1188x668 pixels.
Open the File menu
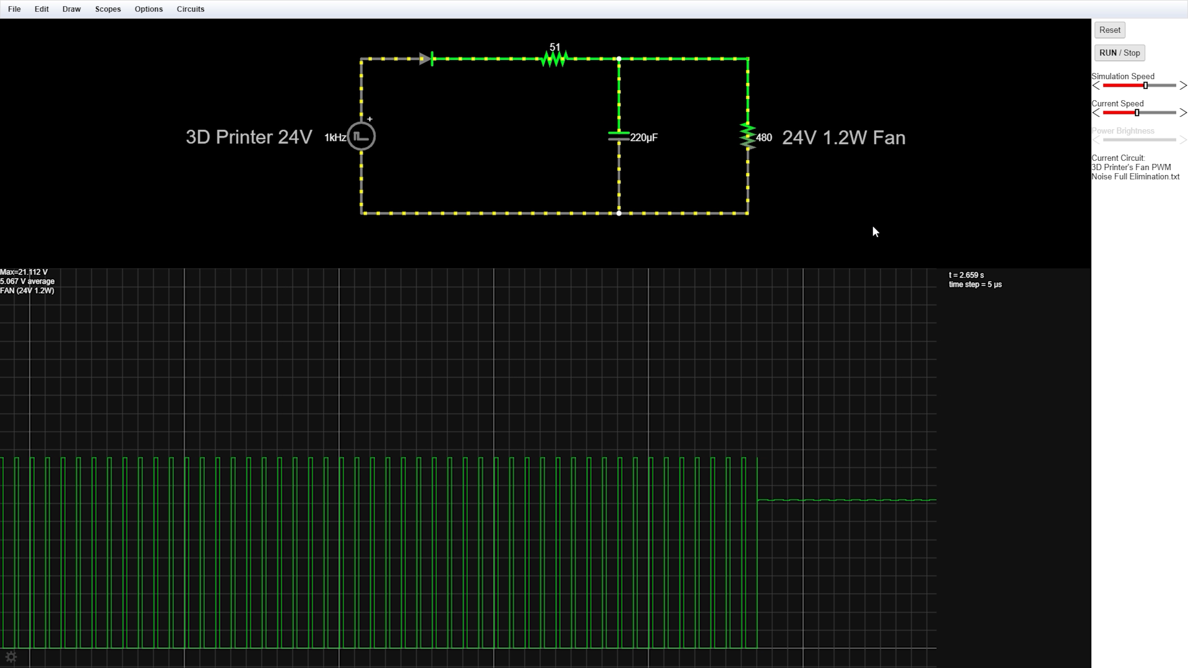[x=14, y=9]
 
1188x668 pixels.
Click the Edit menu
[x=41, y=9]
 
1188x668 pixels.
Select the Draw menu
[x=71, y=9]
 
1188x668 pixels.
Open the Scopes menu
[x=108, y=9]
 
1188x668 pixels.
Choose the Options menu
[x=148, y=9]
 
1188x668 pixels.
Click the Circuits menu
[x=190, y=9]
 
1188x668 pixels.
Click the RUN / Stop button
[x=1119, y=53]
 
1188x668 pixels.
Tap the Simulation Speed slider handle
[x=1145, y=85]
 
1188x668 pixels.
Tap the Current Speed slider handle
[x=1137, y=113]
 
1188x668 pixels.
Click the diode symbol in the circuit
[x=426, y=59]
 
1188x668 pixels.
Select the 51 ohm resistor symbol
[x=554, y=59]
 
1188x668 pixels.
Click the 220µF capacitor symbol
[x=619, y=136]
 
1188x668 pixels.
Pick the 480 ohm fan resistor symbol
[x=747, y=136]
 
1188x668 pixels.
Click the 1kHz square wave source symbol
[x=361, y=136]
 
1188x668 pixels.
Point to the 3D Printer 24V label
[x=249, y=137]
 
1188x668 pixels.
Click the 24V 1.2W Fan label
[x=843, y=137]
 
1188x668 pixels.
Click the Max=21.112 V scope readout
[x=24, y=272]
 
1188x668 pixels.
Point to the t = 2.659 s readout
[x=966, y=275]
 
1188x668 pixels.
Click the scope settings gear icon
[x=11, y=657]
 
